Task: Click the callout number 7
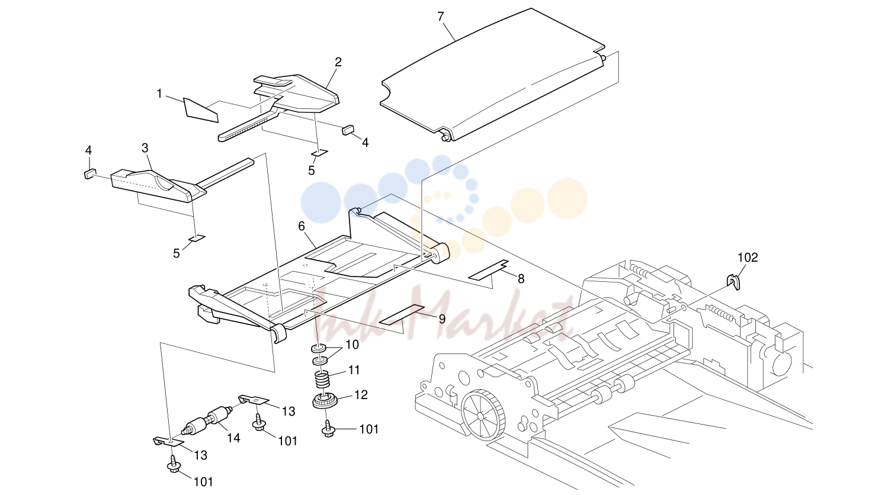coord(440,17)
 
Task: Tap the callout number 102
coord(748,258)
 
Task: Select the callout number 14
coord(233,438)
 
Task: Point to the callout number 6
coord(302,226)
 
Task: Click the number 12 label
coord(361,395)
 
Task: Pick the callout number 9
coord(442,319)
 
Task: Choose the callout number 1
coord(159,94)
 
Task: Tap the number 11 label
coord(354,370)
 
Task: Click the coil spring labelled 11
coord(322,380)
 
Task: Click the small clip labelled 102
coord(733,282)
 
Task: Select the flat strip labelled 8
coord(489,270)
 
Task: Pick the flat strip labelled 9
coord(401,315)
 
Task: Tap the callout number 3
coord(145,148)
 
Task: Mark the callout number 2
coord(338,62)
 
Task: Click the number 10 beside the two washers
coord(352,345)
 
